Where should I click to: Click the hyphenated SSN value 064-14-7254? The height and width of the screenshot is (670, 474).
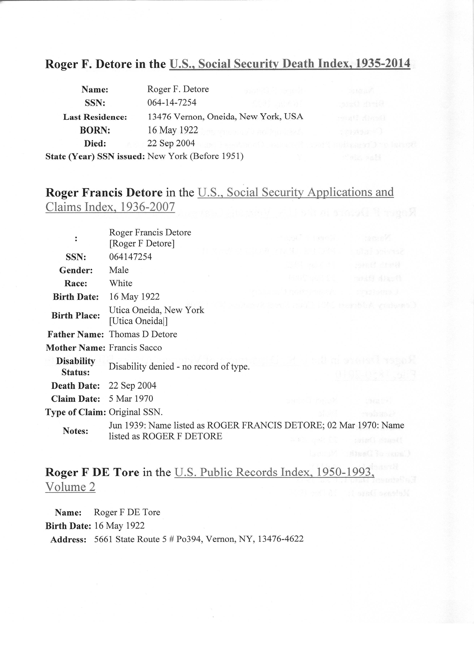(172, 102)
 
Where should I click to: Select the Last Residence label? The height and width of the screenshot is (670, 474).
(95, 117)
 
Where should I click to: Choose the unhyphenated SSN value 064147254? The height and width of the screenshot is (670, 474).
(131, 257)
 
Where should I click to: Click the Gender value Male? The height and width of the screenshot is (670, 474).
(119, 270)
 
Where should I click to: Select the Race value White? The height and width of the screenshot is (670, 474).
(121, 283)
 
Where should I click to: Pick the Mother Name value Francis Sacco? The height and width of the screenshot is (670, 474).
(135, 348)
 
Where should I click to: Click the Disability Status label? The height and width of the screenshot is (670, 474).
(76, 367)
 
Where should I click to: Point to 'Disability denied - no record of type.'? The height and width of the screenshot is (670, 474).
(179, 367)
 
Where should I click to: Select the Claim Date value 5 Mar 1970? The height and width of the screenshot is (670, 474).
(131, 399)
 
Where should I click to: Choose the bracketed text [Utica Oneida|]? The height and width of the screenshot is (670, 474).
(138, 321)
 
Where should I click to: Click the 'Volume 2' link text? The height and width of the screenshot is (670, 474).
(70, 487)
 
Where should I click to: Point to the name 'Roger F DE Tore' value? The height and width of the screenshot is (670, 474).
(127, 512)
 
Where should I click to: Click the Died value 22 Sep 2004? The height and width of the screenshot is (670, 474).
(171, 143)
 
